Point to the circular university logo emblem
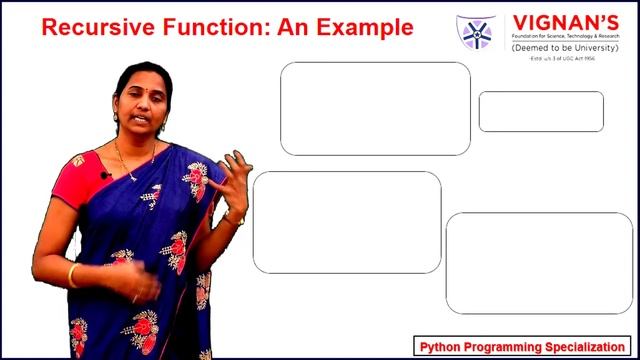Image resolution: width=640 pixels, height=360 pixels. [x=475, y=32]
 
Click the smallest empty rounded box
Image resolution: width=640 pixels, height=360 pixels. [x=541, y=111]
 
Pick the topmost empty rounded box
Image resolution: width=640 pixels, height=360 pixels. [x=375, y=108]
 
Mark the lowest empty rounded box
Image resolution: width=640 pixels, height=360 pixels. [x=539, y=263]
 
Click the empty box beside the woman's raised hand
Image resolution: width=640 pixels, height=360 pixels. [x=347, y=222]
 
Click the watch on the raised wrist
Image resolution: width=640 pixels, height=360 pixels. [x=235, y=217]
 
